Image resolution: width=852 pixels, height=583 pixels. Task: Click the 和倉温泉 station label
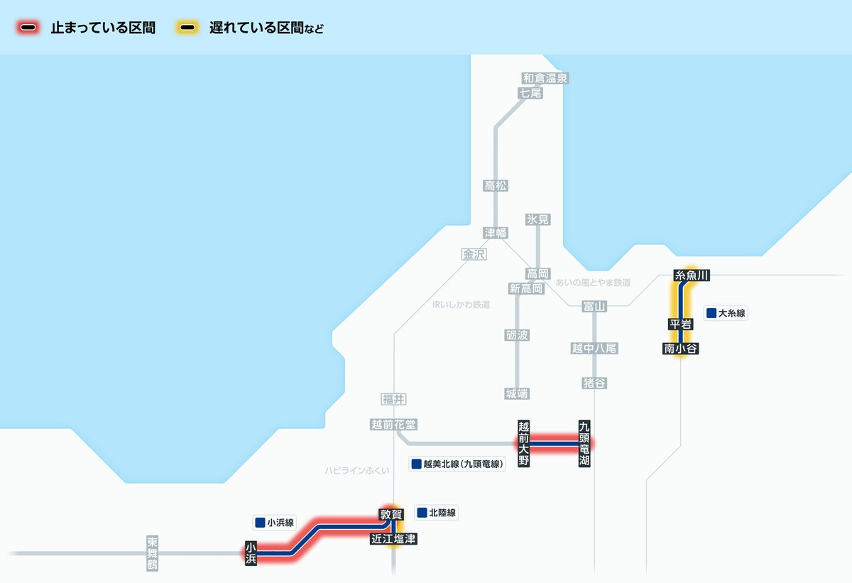tap(545, 78)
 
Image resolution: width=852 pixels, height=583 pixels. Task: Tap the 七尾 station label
tap(530, 92)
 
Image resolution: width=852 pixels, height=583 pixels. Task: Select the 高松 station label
tap(496, 186)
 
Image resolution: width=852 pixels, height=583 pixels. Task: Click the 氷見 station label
tap(537, 219)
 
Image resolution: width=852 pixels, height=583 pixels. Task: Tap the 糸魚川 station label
tap(692, 275)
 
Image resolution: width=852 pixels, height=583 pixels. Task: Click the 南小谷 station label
tap(681, 348)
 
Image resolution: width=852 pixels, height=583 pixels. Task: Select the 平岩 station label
tap(680, 324)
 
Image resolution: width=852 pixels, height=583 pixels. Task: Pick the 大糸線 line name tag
tap(726, 313)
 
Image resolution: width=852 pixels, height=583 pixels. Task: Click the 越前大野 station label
tap(524, 445)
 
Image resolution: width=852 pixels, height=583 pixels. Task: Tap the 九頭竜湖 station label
tap(584, 445)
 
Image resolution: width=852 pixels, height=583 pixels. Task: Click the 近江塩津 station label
tap(393, 539)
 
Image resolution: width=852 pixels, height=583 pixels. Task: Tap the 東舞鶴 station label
tap(152, 553)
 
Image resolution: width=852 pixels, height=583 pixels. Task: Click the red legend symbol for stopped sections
tap(29, 28)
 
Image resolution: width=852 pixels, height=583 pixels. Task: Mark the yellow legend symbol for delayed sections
tap(188, 28)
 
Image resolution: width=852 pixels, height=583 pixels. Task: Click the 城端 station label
tap(517, 393)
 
